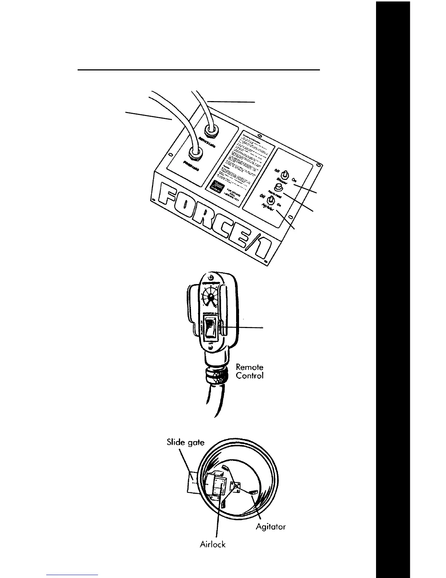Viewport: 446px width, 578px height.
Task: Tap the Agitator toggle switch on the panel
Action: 271,200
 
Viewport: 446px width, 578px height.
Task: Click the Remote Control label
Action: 250,371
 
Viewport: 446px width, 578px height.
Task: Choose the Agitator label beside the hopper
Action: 270,527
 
